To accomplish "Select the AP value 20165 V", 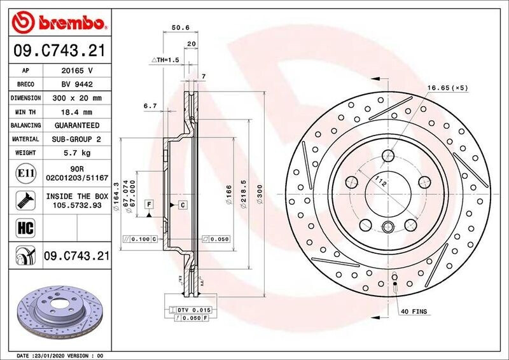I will pos(77,71).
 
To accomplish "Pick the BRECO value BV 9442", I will pos(77,85).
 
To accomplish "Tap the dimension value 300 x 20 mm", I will pos(77,99).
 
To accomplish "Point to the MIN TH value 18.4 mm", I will pos(77,112).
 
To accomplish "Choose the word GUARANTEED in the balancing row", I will pos(77,125).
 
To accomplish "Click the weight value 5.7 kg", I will pos(77,153).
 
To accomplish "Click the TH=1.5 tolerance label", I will pos(165,59).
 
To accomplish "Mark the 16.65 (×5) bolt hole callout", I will pos(447,87).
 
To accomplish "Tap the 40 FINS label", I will pos(414,312).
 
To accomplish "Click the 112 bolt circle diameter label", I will pos(380,183).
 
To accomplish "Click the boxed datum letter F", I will pos(149,204).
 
